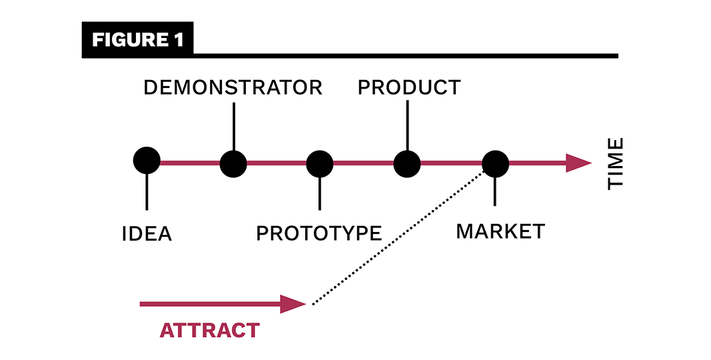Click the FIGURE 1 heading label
point(137,40)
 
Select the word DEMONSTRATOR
point(233,87)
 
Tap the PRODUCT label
point(408,87)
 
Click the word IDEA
point(147,234)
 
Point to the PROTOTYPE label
point(319,233)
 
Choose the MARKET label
point(500,231)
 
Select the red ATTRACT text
point(209,330)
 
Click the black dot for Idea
point(147,161)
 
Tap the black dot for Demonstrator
point(233,163)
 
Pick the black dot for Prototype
point(320,163)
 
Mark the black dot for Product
point(406,163)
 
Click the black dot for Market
point(495,163)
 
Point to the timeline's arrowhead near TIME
point(578,163)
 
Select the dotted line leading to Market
point(400,237)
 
